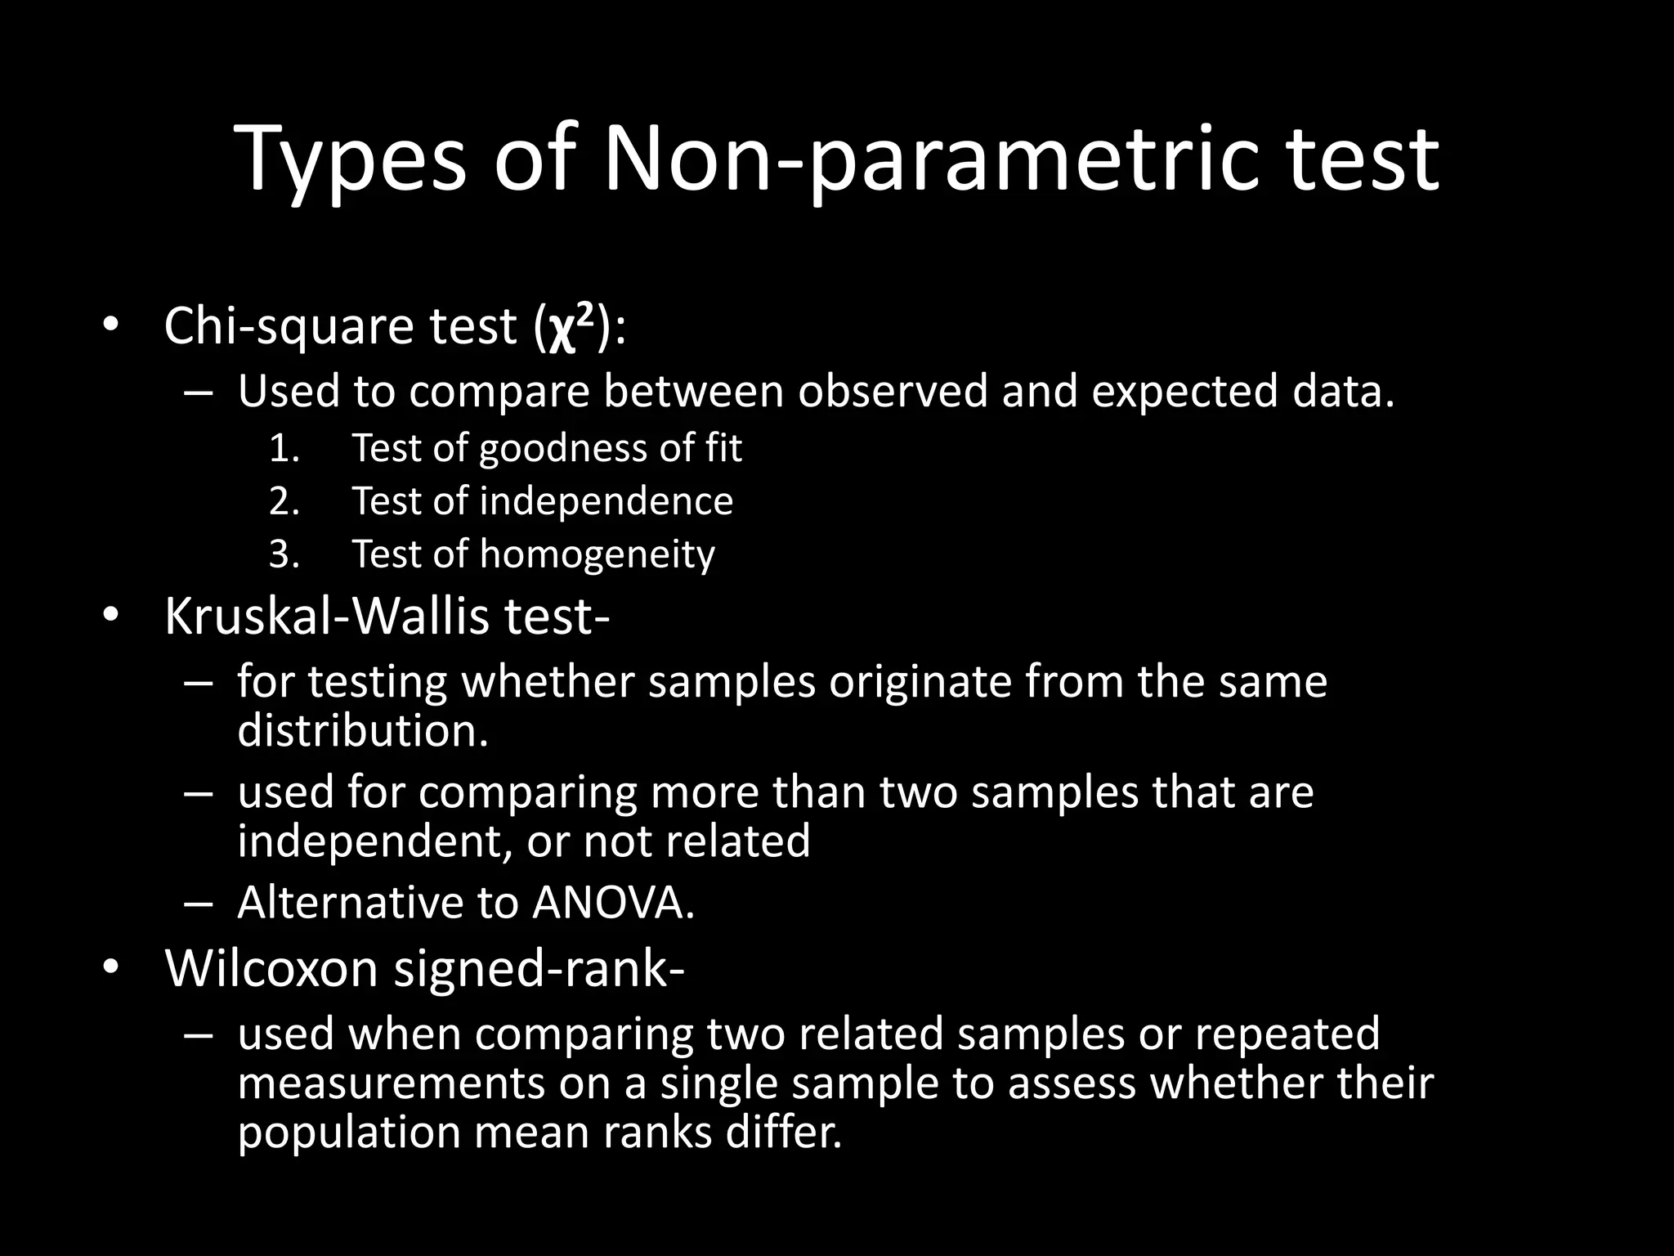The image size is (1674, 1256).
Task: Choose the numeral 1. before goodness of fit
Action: tap(284, 448)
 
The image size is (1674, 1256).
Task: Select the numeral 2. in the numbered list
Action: tap(284, 501)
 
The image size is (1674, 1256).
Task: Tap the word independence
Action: tap(606, 501)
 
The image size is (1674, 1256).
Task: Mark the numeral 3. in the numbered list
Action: tap(284, 554)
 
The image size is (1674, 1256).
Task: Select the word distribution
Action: tap(362, 730)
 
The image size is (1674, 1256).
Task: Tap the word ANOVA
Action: tap(613, 903)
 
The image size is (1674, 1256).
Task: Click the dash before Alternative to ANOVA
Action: tap(199, 904)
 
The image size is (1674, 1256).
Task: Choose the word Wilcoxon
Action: tap(272, 969)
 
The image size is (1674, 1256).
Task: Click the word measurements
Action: tap(391, 1083)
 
